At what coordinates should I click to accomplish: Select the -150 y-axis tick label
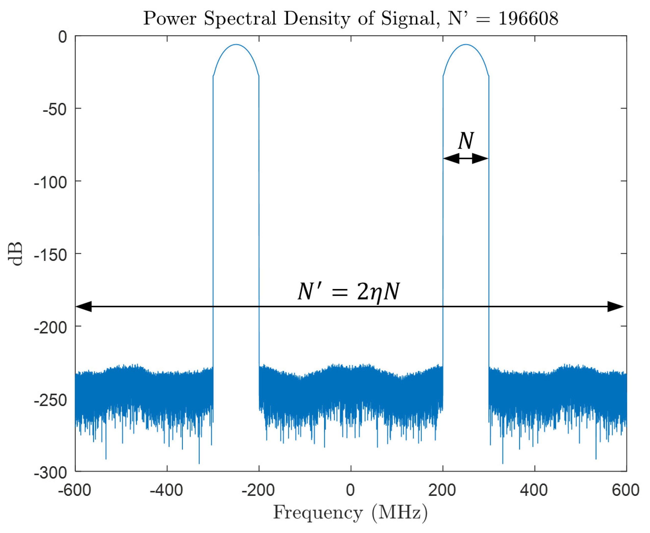[x=50, y=255]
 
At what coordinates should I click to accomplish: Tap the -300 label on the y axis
[x=50, y=473]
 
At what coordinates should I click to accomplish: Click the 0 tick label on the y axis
[x=63, y=37]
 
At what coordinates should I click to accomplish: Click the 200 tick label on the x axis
[x=442, y=490]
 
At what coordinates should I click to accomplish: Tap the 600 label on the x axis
[x=626, y=490]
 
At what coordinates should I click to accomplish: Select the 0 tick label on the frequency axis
[x=350, y=490]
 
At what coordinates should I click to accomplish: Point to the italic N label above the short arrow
[x=466, y=141]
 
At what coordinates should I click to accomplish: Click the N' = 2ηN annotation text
[x=349, y=292]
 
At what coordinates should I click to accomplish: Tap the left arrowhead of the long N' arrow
[x=84, y=307]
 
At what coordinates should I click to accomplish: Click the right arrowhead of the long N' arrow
[x=616, y=307]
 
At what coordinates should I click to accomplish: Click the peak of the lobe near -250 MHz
[x=236, y=45]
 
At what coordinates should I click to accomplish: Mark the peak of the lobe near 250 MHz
[x=466, y=45]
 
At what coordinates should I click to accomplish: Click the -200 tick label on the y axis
[x=50, y=328]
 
